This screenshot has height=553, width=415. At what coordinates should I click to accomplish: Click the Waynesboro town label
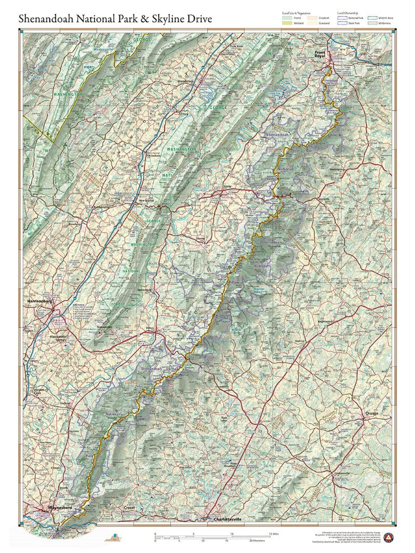point(59,507)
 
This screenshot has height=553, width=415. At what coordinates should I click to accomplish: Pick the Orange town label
point(371,413)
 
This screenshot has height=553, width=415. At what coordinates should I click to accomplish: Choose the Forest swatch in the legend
point(287,18)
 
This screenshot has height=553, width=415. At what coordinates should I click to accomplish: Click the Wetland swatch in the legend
point(287,23)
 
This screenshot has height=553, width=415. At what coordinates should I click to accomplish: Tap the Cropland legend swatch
point(313,18)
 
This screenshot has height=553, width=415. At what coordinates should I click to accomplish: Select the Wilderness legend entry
point(372,23)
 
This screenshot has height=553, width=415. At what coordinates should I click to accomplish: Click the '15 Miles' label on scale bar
point(273,533)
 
